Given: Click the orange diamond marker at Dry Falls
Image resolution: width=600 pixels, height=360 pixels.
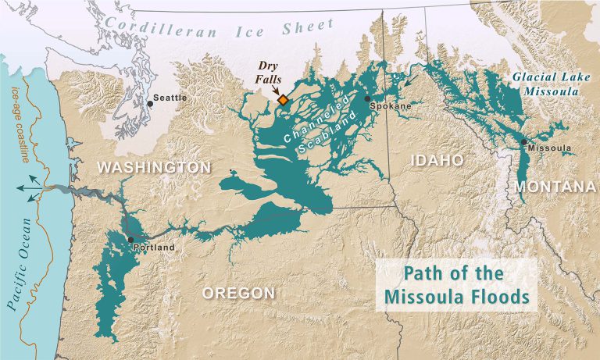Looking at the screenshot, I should [283, 101].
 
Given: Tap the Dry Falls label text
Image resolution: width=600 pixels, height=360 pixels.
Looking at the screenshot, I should [274, 75].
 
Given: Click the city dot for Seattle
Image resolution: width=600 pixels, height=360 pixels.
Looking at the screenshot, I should [150, 103].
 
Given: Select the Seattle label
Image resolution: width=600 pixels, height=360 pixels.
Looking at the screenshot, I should [171, 98].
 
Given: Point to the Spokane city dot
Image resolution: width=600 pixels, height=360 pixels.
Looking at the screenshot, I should [367, 99].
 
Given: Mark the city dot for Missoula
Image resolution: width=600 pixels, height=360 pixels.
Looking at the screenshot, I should [523, 141].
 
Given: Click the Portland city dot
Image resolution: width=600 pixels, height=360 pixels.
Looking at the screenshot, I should [130, 240].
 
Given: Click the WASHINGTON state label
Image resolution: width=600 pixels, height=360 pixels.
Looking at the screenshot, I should [154, 168].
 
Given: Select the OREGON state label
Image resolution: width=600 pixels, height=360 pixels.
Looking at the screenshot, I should [238, 293].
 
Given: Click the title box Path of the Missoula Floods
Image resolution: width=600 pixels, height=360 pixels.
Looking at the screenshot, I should [455, 285].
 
